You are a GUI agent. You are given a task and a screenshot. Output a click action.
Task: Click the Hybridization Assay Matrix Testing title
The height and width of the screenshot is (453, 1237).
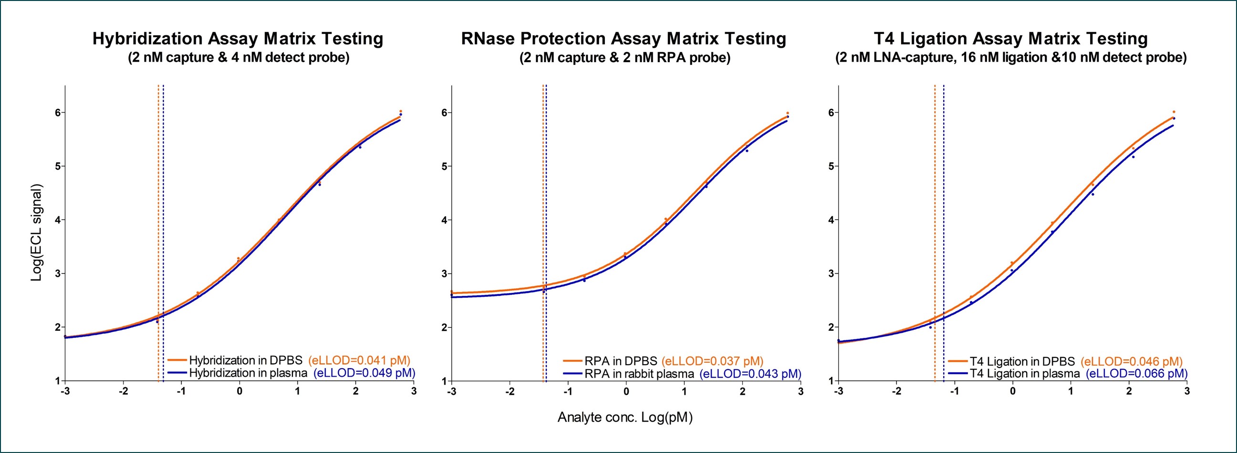pyautogui.click(x=238, y=39)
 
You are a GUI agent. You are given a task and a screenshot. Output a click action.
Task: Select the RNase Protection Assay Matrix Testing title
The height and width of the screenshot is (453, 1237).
pyautogui.click(x=624, y=39)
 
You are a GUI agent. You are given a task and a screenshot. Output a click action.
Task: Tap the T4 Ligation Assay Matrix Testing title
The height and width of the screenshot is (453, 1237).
pyautogui.click(x=1011, y=39)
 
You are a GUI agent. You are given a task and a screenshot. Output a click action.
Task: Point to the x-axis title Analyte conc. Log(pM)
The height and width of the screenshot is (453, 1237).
pyautogui.click(x=625, y=418)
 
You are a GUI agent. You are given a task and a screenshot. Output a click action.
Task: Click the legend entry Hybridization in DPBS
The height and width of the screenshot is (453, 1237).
pyautogui.click(x=245, y=360)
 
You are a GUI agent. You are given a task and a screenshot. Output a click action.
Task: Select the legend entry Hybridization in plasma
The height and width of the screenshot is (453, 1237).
pyautogui.click(x=248, y=373)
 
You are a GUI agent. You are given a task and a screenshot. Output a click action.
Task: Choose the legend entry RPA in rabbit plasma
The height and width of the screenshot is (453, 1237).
pyautogui.click(x=639, y=374)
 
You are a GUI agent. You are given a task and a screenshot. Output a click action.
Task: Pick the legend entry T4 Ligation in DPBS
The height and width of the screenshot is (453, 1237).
pyautogui.click(x=1022, y=361)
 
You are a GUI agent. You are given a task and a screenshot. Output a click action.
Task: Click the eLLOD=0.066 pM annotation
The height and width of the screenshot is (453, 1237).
pyautogui.click(x=1137, y=374)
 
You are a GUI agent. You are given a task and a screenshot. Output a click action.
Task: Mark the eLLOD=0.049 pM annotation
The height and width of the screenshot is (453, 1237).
pyautogui.click(x=364, y=373)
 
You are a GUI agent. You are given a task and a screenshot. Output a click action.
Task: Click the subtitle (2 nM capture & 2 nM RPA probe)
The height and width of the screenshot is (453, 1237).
pyautogui.click(x=625, y=58)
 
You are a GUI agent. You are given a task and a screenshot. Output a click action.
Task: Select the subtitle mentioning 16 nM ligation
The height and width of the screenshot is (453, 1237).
pyautogui.click(x=1011, y=58)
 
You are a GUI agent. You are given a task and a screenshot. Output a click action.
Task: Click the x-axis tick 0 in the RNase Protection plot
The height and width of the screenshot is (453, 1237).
pyautogui.click(x=626, y=391)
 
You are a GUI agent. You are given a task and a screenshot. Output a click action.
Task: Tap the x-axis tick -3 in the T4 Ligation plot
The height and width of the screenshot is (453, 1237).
pyautogui.click(x=839, y=391)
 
